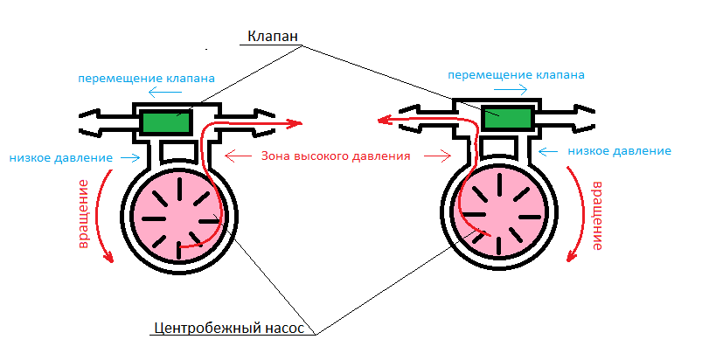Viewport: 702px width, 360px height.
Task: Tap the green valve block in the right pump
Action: point(506,119)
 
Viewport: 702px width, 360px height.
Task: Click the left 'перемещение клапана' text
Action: point(146,77)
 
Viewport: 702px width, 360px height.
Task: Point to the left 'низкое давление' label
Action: point(61,158)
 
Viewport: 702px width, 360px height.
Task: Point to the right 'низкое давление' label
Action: point(619,151)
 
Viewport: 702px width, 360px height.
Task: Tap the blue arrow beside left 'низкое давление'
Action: point(129,158)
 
